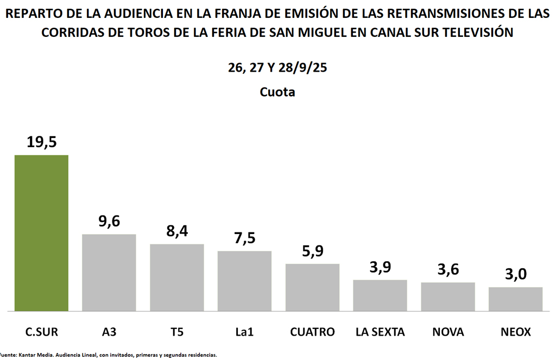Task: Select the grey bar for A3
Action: coord(109,272)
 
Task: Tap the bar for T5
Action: coord(177,277)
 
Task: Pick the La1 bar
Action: coord(244,281)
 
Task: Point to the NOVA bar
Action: coord(448,296)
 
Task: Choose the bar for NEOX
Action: coord(515,299)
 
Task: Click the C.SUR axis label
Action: coord(41,331)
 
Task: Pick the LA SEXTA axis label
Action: coord(380,331)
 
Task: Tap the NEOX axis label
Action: coord(515,331)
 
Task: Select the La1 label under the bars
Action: coord(244,331)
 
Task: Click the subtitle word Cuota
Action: coord(277,92)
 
